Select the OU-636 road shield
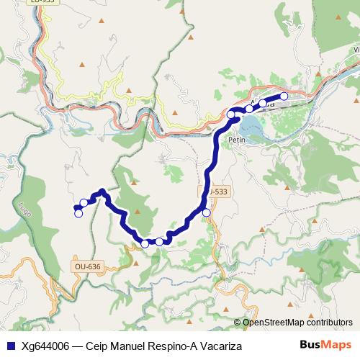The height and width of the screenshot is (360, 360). click(87, 266)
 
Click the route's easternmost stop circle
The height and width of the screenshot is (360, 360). click(284, 96)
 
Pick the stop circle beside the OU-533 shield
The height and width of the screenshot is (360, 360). click(207, 212)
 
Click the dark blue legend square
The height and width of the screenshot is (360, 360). click(10, 346)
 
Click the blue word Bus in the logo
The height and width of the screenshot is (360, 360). click(311, 345)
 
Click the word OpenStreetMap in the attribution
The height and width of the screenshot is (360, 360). click(274, 323)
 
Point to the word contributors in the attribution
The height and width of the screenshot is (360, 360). click(328, 323)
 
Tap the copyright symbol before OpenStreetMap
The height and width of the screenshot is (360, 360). click(238, 323)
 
